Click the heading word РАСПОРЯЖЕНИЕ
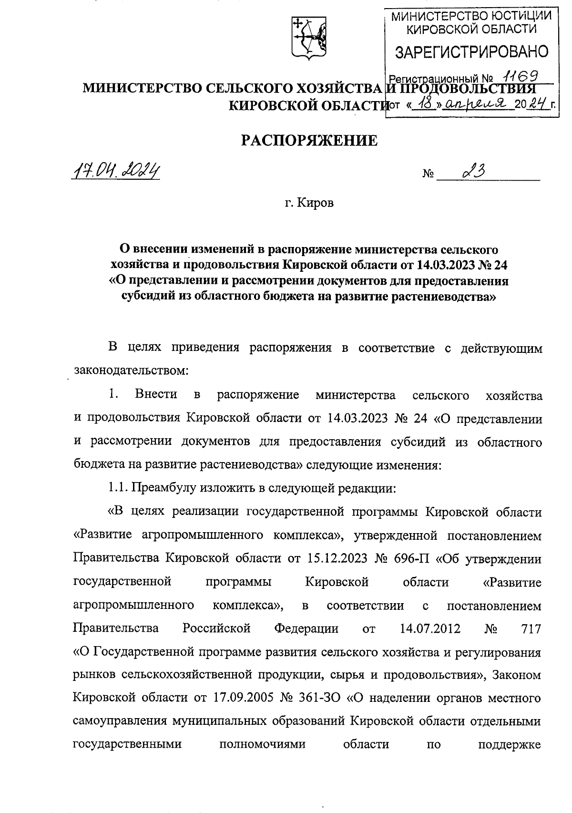click(309, 140)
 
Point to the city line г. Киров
click(309, 203)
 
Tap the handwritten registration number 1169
click(521, 76)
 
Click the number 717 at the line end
click(531, 628)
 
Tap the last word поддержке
click(509, 745)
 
